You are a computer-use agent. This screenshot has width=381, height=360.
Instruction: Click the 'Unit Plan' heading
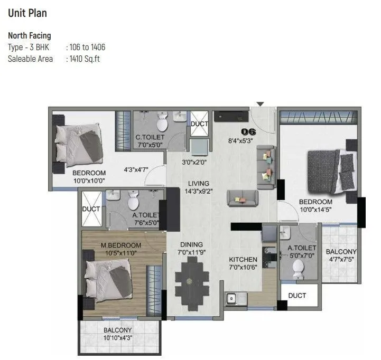(27, 13)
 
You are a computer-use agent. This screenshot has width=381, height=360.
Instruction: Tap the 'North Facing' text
(30, 36)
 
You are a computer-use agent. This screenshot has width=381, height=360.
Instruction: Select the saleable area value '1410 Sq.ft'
(84, 59)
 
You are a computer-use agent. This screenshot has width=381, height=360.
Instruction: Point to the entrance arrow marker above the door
(259, 104)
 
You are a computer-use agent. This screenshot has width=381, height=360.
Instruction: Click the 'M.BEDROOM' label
(120, 245)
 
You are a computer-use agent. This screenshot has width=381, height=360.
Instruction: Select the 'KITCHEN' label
(243, 260)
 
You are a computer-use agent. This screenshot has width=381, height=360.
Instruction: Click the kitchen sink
(231, 299)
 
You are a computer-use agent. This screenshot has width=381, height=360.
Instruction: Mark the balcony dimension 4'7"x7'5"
(341, 260)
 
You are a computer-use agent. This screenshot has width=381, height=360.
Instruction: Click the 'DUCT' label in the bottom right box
(297, 296)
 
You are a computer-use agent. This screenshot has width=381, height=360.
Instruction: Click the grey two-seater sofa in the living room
(242, 198)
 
